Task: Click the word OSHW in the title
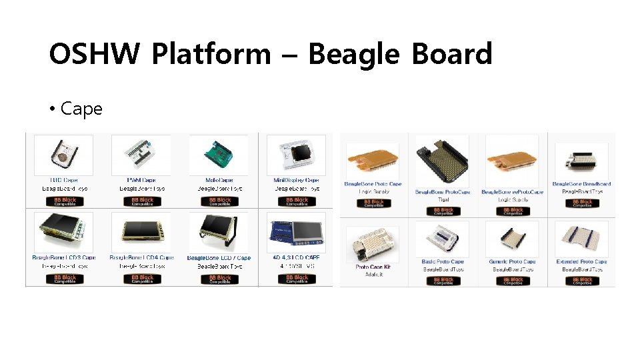tap(93, 54)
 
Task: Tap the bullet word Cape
tap(81, 109)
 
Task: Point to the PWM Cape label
tap(141, 180)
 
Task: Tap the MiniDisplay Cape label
tap(297, 180)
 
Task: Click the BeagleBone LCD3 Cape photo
tap(64, 233)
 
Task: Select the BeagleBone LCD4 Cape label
tap(141, 257)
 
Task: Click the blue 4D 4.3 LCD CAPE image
tap(297, 233)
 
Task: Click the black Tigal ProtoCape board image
tap(442, 163)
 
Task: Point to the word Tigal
tap(443, 199)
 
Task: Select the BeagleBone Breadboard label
tap(581, 184)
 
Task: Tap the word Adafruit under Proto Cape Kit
tap(373, 274)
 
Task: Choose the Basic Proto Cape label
tap(443, 262)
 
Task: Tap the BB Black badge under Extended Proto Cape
tap(582, 281)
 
